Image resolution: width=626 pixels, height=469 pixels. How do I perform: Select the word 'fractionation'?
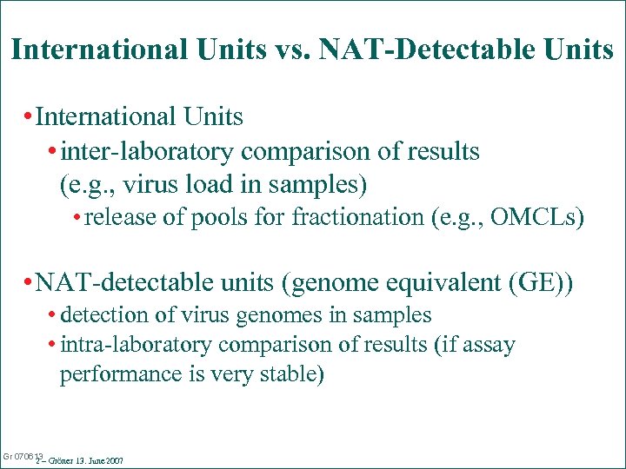point(358,216)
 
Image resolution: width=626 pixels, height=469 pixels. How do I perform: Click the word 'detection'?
point(104,315)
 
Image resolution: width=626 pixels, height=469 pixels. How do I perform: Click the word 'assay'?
point(489,345)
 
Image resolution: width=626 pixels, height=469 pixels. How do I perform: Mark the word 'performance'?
point(113,375)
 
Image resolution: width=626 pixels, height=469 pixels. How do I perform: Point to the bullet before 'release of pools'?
point(77,217)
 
